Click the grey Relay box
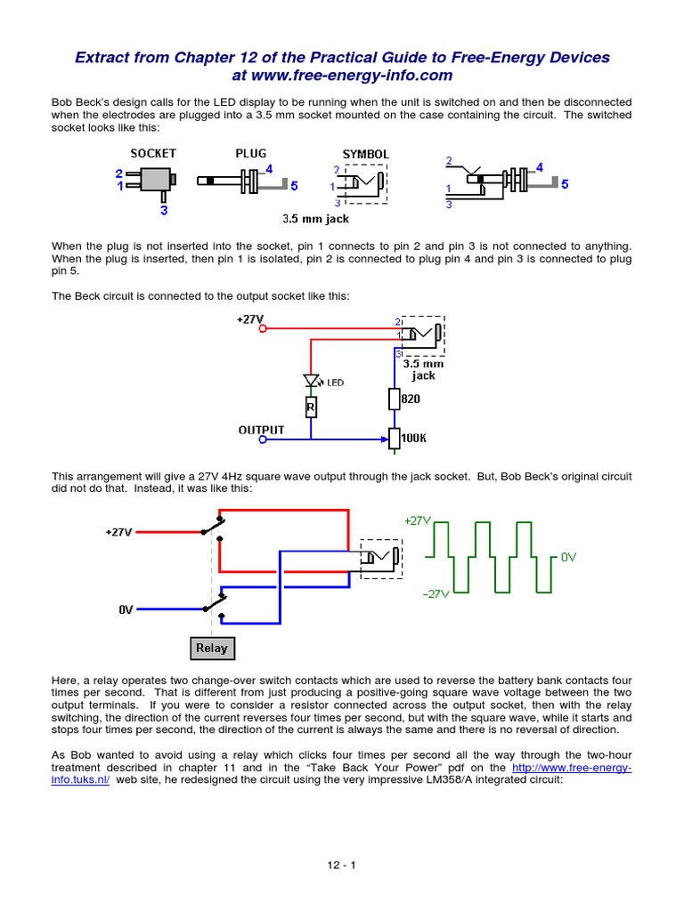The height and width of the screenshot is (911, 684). coord(211,648)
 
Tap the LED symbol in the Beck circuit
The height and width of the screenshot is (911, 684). coord(311,382)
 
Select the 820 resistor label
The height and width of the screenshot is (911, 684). coord(410,399)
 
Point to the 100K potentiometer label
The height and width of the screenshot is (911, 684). coord(415,439)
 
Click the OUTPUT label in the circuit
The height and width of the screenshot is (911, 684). coord(261,430)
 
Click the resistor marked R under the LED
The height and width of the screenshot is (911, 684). coord(311,407)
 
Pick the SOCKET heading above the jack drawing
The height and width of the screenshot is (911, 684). coord(153,153)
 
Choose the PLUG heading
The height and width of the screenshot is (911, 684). coord(250,153)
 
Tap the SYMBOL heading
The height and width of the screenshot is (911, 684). coord(365,154)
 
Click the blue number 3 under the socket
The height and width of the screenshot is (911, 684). coord(163,211)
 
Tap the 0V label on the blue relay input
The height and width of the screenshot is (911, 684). coord(126,609)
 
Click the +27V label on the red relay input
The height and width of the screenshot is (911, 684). coord(118,532)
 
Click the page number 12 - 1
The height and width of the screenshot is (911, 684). coord(342,864)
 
